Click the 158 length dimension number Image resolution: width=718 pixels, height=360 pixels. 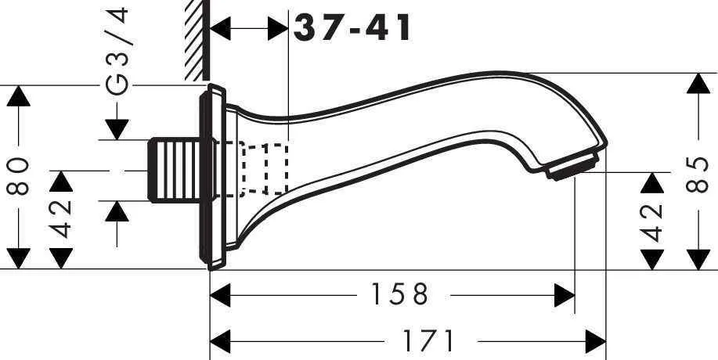click(x=400, y=295)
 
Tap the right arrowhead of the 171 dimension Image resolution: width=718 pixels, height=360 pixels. click(x=595, y=341)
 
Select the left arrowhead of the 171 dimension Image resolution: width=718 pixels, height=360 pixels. click(x=222, y=341)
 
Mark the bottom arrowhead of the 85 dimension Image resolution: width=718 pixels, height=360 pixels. click(x=696, y=257)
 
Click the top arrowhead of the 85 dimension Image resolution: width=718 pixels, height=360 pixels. click(x=696, y=85)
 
